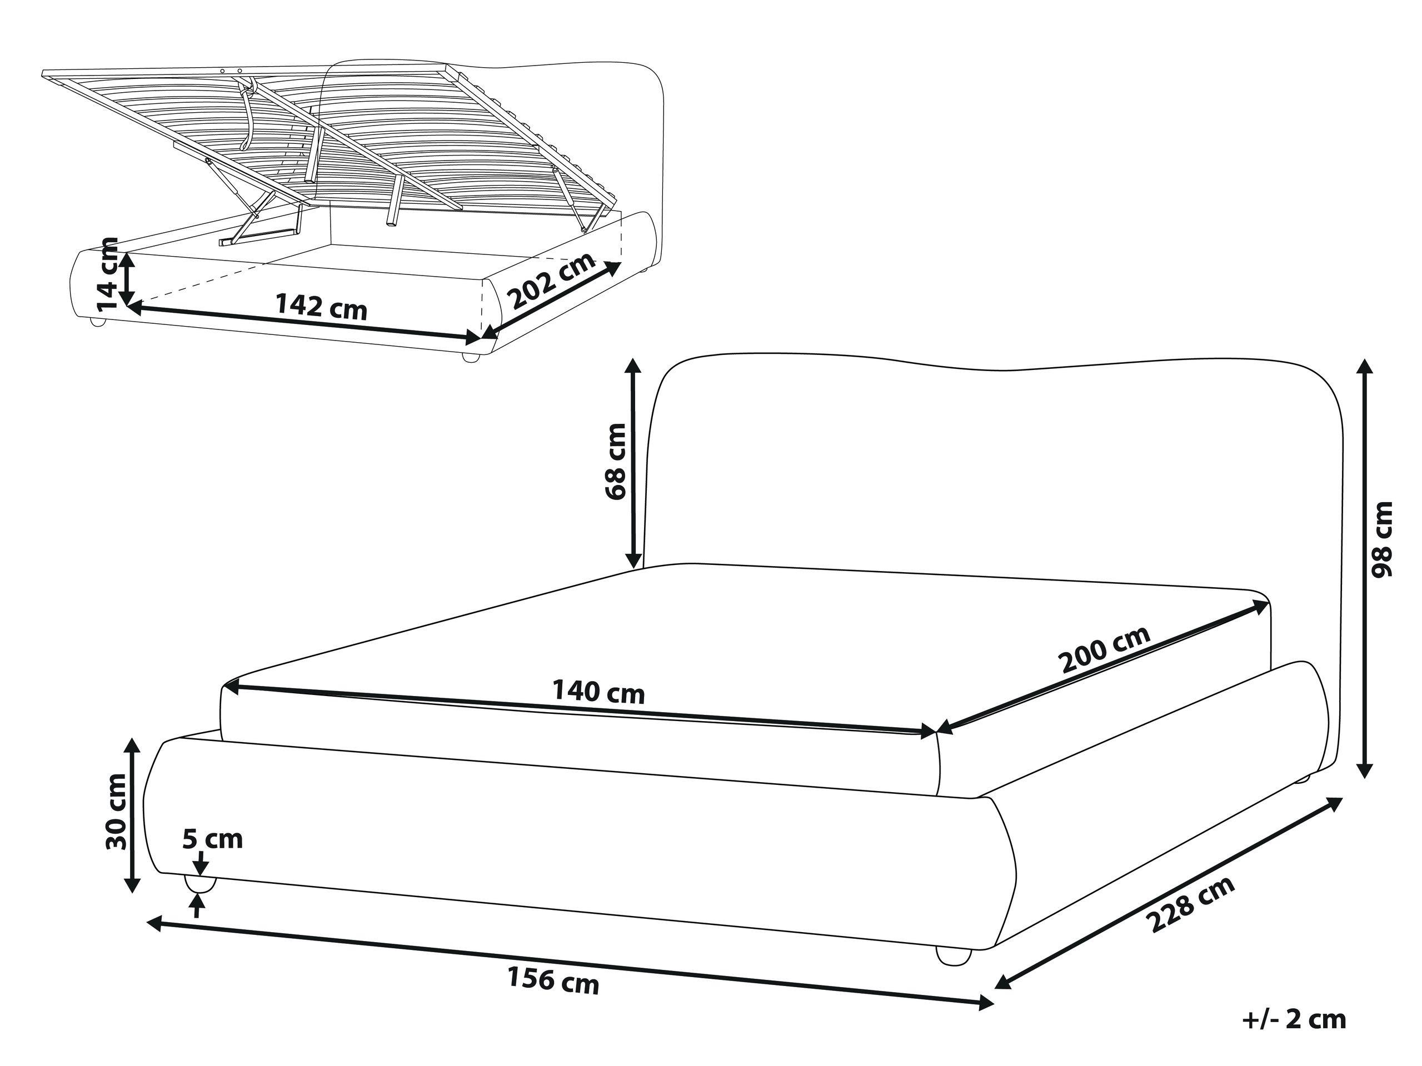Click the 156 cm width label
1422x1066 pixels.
pyautogui.click(x=553, y=979)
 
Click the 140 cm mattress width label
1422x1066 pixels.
pyautogui.click(x=598, y=692)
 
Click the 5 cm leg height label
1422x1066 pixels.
pyautogui.click(x=213, y=839)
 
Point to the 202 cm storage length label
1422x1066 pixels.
pyautogui.click(x=552, y=281)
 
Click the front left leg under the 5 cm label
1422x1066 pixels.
pyautogui.click(x=200, y=885)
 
